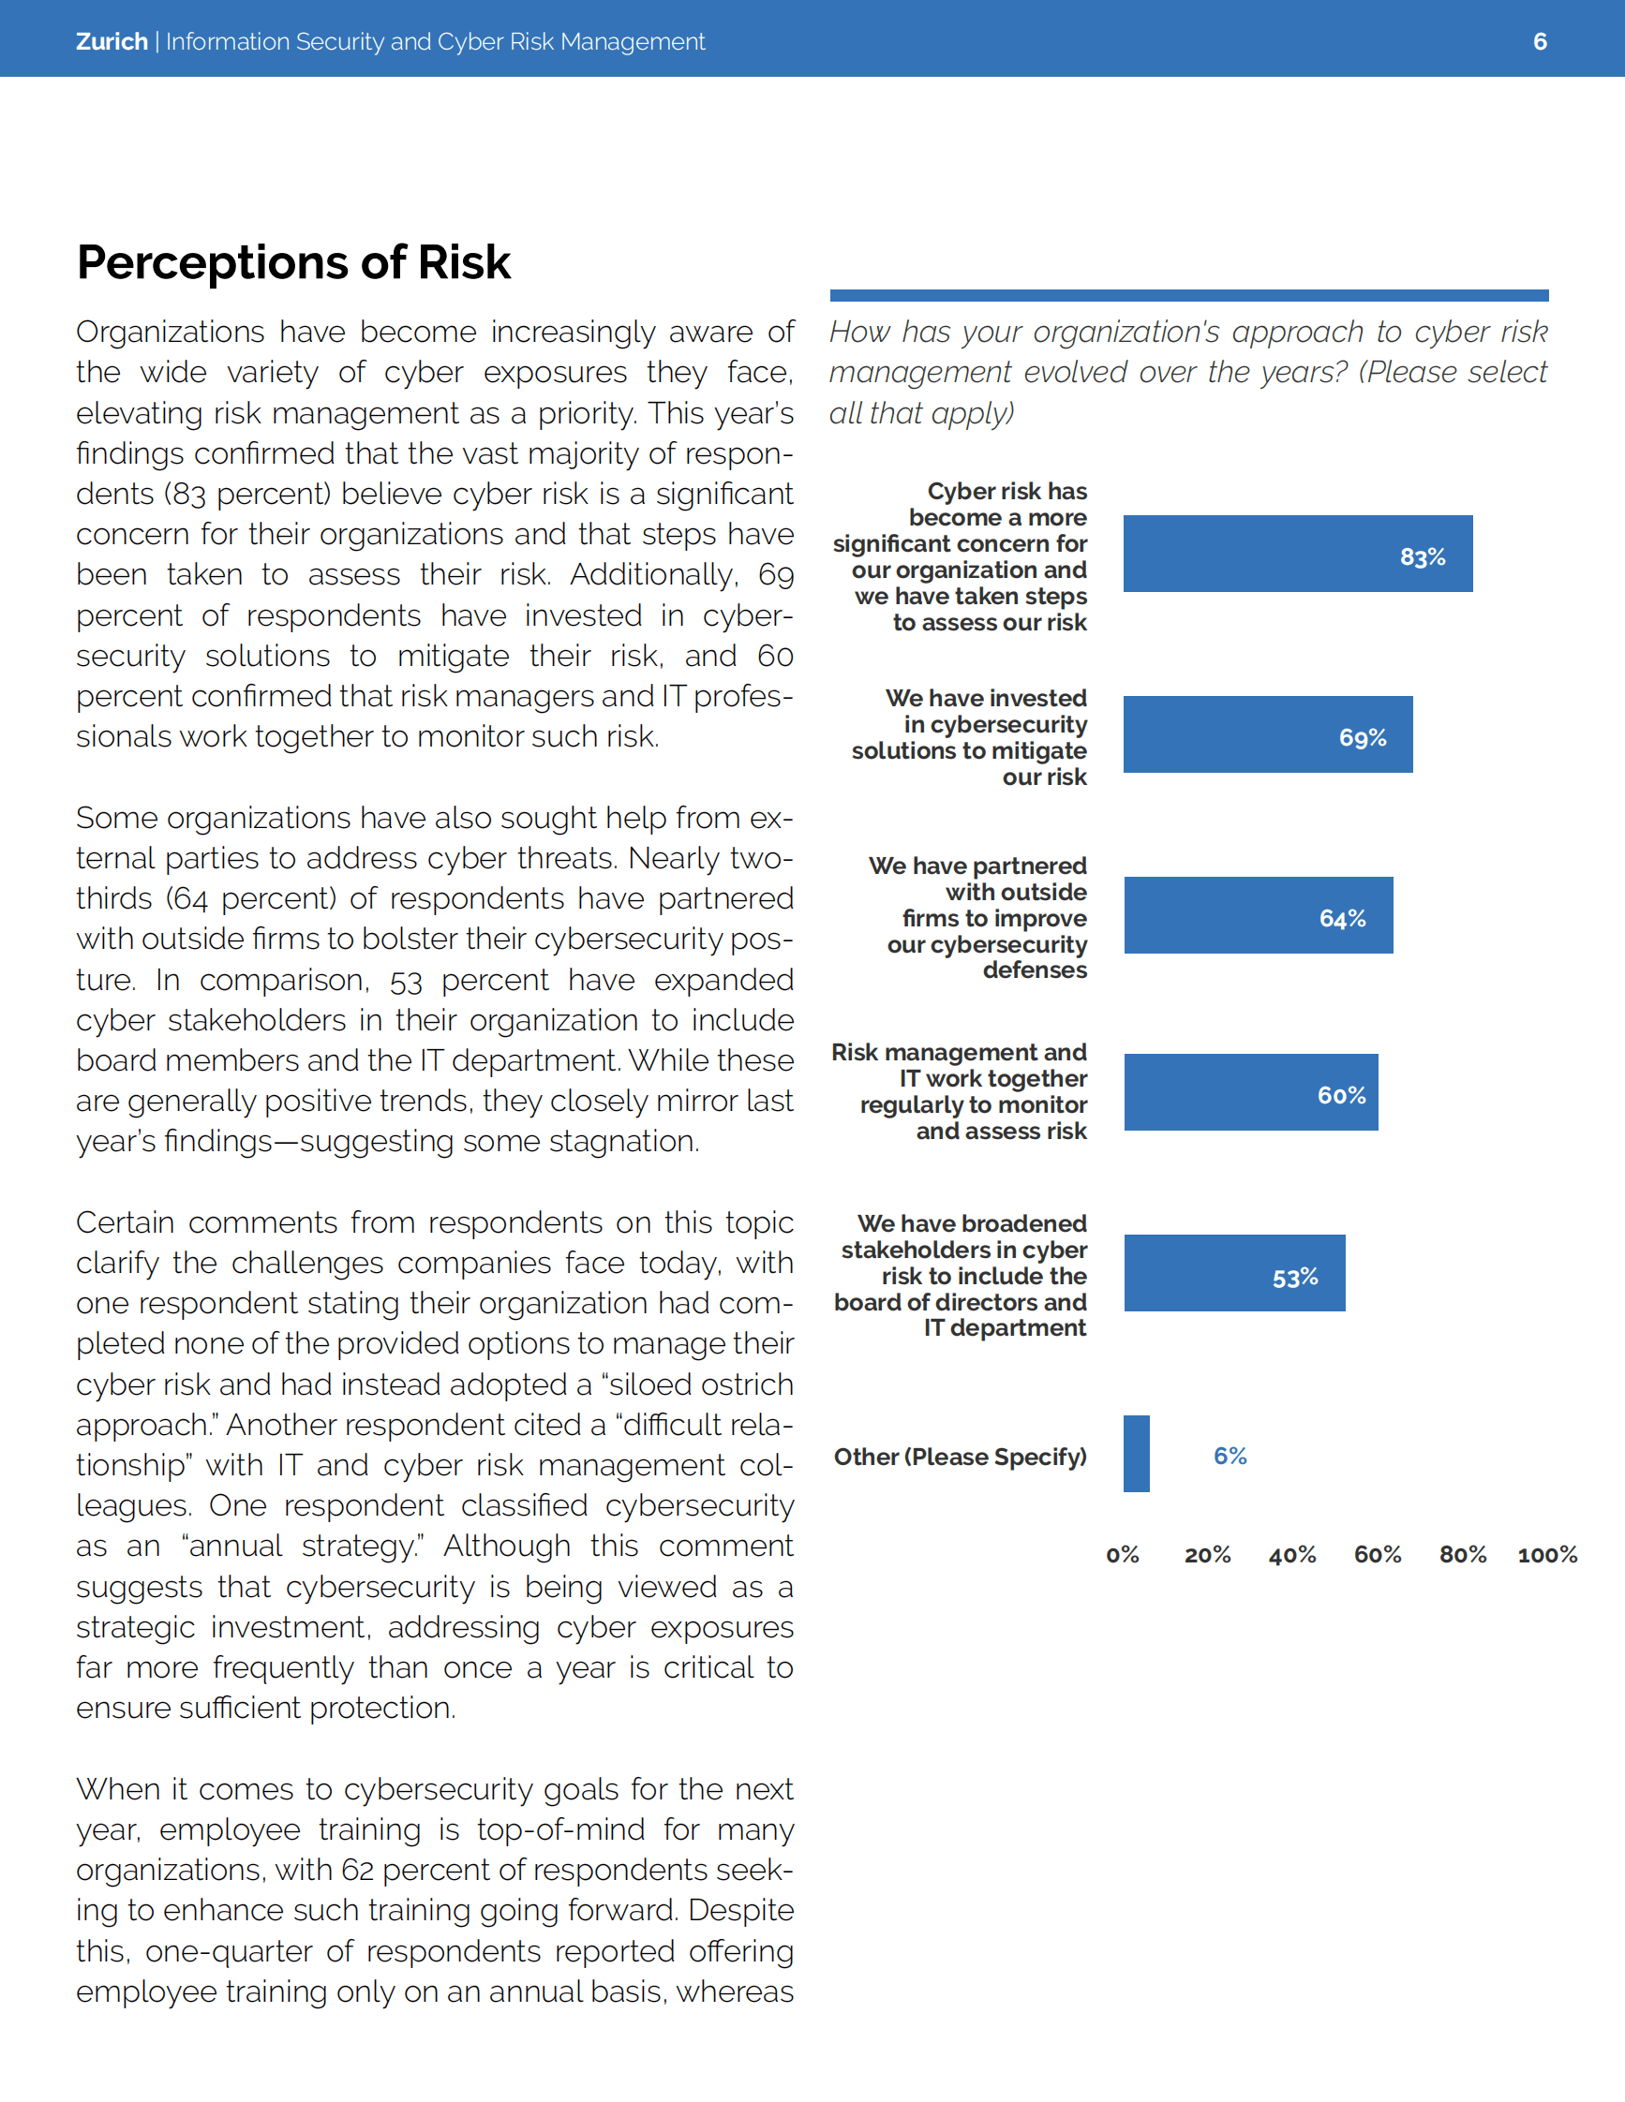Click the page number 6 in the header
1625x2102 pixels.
point(1540,41)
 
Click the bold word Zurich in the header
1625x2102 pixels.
point(112,41)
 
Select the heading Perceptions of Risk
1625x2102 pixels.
point(293,261)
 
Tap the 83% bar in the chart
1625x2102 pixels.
point(1297,554)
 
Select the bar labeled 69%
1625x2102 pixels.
point(1267,734)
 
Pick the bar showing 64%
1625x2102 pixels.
point(1258,915)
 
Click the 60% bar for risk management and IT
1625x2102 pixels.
point(1249,1092)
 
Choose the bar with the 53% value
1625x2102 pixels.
point(1233,1273)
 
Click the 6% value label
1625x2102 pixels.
point(1230,1457)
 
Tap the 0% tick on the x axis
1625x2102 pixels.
point(1122,1555)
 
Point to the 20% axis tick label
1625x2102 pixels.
point(1207,1555)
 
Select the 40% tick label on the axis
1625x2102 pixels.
point(1292,1555)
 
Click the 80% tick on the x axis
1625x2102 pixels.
point(1462,1555)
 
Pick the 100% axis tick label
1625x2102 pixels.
point(1547,1555)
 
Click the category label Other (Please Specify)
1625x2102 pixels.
point(960,1458)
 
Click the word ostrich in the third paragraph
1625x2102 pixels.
point(740,1384)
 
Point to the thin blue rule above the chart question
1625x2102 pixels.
point(1189,295)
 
